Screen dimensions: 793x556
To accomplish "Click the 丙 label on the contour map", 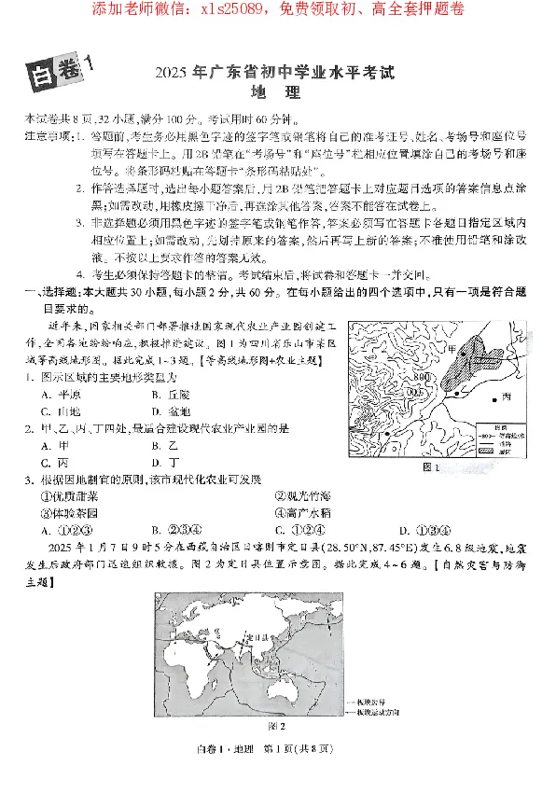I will tap(507, 396).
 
